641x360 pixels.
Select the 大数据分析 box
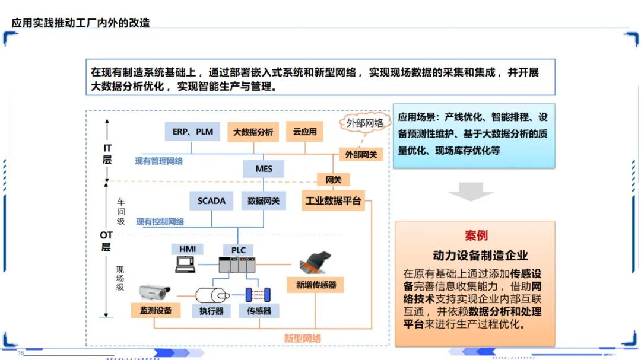pos(253,132)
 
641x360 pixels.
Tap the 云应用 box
pos(304,132)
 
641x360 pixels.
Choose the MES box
pos(264,169)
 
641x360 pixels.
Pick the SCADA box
pos(211,201)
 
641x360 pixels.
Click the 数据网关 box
pos(263,201)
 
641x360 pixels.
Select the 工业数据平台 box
pos(333,201)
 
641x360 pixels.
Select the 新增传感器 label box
pos(316,285)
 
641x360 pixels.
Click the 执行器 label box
pos(211,310)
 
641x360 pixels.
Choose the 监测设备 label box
pos(156,310)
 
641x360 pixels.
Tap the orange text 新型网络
pos(302,339)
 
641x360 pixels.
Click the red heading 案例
pos(476,235)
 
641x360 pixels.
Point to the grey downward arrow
pos(471,191)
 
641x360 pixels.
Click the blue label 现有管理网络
pos(158,161)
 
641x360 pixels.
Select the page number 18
pos(21,353)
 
